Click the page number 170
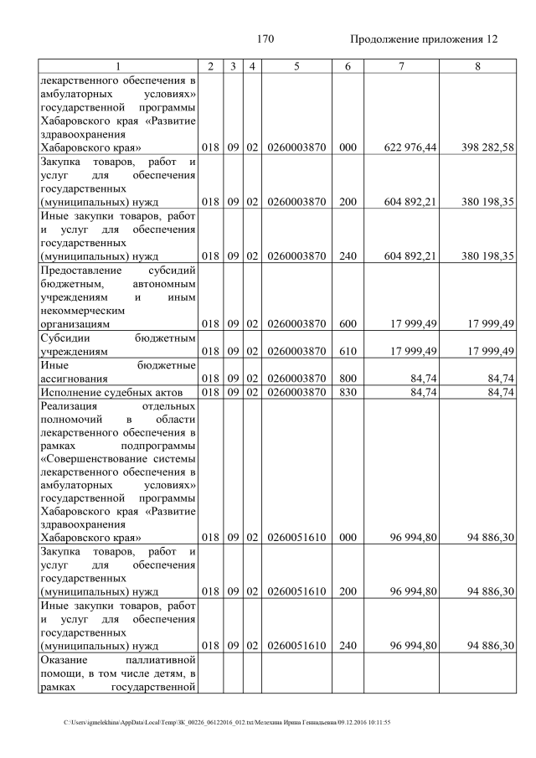[x=265, y=39]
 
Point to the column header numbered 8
[x=477, y=66]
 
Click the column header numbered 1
[x=118, y=66]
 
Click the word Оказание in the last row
[x=63, y=661]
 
